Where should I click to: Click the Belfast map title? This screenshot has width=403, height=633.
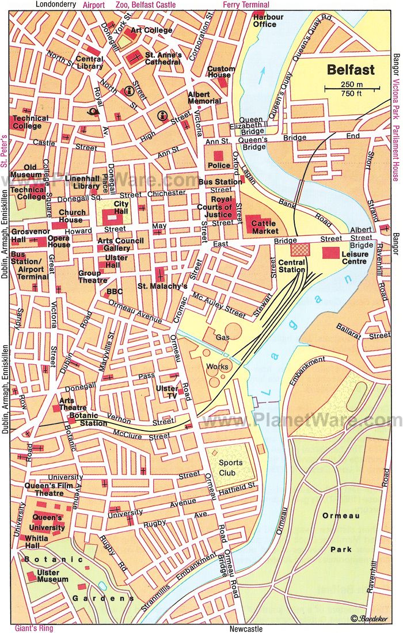[351, 70]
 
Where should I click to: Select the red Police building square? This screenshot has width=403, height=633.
[218, 155]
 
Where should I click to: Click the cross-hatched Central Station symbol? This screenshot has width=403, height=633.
[299, 249]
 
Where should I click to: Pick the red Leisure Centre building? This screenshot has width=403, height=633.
[330, 252]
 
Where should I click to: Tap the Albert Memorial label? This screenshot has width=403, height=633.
[204, 97]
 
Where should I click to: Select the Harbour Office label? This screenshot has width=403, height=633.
[268, 21]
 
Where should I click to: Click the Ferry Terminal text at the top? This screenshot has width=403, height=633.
[246, 5]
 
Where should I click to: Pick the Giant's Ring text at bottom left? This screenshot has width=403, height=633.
[34, 628]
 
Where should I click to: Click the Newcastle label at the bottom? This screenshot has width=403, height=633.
[246, 628]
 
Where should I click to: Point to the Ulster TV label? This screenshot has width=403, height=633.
[167, 392]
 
